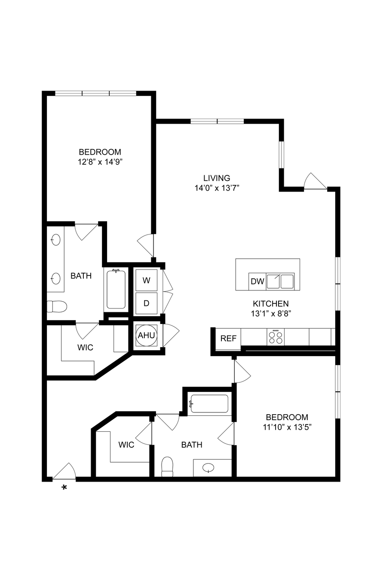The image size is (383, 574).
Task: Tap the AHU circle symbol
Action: pos(146,335)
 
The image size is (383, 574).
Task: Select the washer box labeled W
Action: pos(146,280)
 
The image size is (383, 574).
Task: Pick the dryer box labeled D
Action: pos(146,303)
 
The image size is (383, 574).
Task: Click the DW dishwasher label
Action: pos(257,281)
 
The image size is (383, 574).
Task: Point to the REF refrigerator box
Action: pos(228,339)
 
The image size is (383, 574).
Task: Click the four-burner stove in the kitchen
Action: pos(276,337)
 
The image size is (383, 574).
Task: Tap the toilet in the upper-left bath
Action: pos(57,306)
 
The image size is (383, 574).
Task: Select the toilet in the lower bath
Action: pos(167,467)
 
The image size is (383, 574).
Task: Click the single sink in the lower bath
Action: pos(208,468)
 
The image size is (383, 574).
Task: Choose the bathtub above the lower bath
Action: pos(209,404)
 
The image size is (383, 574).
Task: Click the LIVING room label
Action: pos(217,178)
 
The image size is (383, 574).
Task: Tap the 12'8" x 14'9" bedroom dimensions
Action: pos(100,162)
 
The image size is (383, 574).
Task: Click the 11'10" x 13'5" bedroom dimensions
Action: pos(287,427)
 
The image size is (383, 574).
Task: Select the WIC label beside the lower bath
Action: pos(126,445)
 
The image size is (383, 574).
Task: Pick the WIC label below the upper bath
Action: pos(85,348)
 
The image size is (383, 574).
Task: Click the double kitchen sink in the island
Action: pos(280,281)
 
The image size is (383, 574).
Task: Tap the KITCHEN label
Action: pos(271,303)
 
